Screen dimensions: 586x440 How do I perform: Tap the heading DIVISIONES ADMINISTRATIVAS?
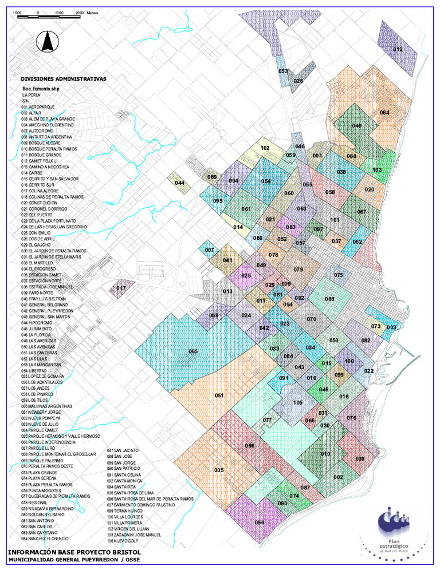click(x=63, y=80)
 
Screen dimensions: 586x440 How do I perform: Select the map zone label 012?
click(x=398, y=50)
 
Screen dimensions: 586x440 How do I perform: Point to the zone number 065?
click(x=193, y=351)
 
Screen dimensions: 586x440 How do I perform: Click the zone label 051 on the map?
click(x=219, y=395)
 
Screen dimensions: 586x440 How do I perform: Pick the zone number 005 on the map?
click(x=219, y=470)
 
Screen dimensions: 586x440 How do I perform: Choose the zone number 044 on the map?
click(x=180, y=183)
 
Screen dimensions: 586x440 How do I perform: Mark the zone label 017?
click(x=121, y=288)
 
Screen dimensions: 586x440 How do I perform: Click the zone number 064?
click(x=384, y=112)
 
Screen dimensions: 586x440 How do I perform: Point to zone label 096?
click(x=250, y=445)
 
